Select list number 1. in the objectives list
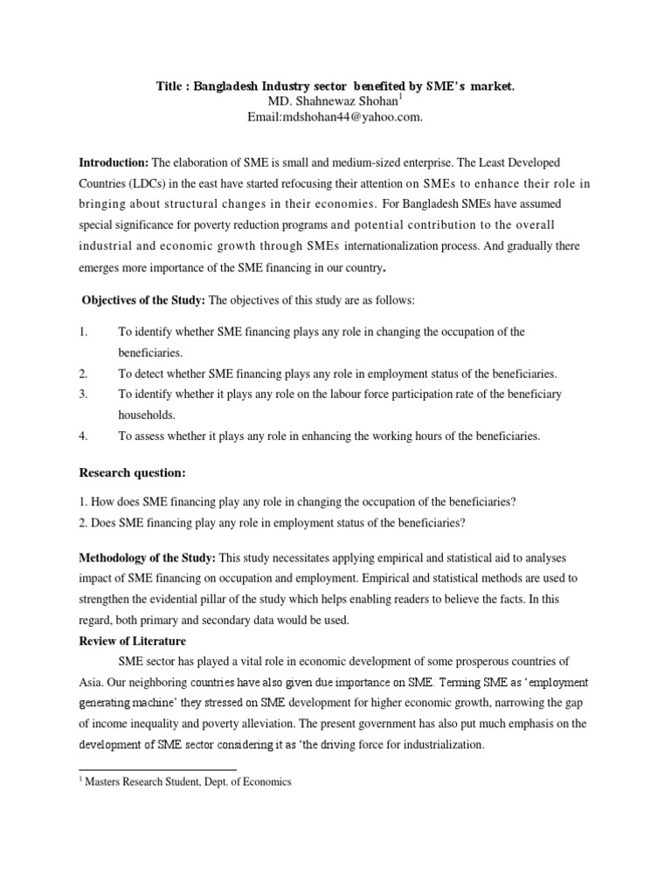[84, 332]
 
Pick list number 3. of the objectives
[84, 394]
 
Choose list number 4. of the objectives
[84, 436]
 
